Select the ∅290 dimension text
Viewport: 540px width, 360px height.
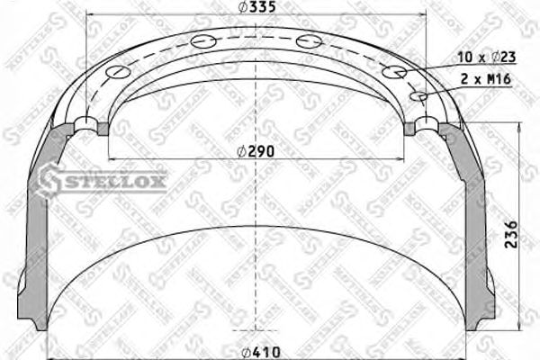click(256, 150)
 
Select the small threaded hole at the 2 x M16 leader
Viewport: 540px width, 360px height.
click(418, 95)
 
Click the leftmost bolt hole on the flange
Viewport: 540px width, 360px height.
click(87, 123)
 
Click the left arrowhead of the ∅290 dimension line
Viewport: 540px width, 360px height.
click(112, 160)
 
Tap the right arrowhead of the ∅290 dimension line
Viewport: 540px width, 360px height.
click(403, 160)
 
